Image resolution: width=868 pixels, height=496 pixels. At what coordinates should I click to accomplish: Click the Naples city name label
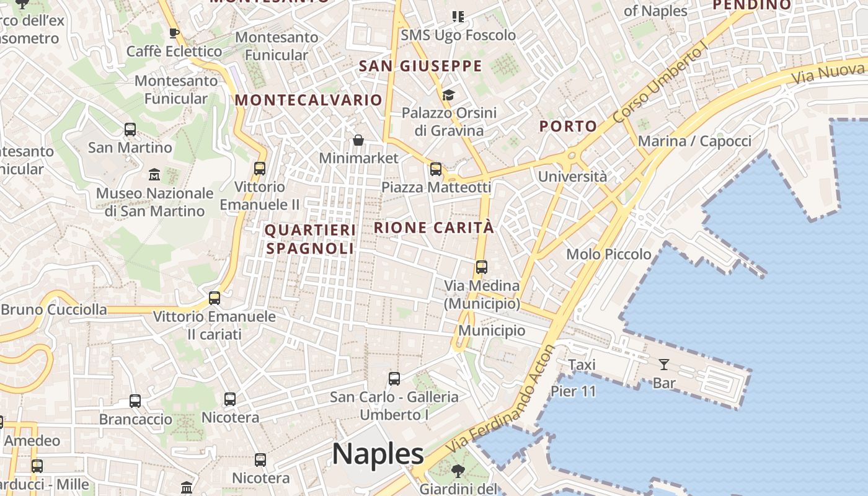(378, 454)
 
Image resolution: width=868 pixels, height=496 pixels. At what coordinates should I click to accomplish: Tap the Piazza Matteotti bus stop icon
(436, 169)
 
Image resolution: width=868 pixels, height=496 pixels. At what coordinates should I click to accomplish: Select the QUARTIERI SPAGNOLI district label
(310, 239)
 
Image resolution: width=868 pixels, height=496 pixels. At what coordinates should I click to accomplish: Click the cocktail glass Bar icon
(664, 365)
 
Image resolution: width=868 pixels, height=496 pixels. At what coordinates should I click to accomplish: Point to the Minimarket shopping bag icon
(358, 141)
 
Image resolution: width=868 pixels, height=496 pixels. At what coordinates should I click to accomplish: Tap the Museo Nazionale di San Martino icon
(154, 175)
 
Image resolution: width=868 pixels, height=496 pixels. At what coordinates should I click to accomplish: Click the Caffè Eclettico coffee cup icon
(174, 33)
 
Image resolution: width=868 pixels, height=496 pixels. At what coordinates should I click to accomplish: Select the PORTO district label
(568, 126)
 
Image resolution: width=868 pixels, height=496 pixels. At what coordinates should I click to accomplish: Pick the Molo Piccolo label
(609, 254)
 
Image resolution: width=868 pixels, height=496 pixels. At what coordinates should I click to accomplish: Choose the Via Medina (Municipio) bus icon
(482, 267)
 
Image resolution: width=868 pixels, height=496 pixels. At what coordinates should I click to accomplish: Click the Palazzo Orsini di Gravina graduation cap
(448, 95)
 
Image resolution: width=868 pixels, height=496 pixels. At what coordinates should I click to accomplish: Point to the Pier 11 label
(573, 391)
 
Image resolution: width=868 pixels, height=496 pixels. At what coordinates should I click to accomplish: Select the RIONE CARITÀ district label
(434, 228)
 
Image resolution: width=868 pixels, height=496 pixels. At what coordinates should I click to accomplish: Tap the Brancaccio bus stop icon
(135, 401)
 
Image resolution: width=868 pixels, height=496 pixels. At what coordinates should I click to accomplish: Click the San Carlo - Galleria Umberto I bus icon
(394, 378)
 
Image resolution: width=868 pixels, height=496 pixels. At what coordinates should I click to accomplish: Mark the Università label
(572, 177)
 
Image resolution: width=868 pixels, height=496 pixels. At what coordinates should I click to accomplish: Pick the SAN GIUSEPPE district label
(420, 66)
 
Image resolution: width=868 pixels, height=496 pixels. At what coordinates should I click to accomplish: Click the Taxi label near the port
(582, 365)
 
